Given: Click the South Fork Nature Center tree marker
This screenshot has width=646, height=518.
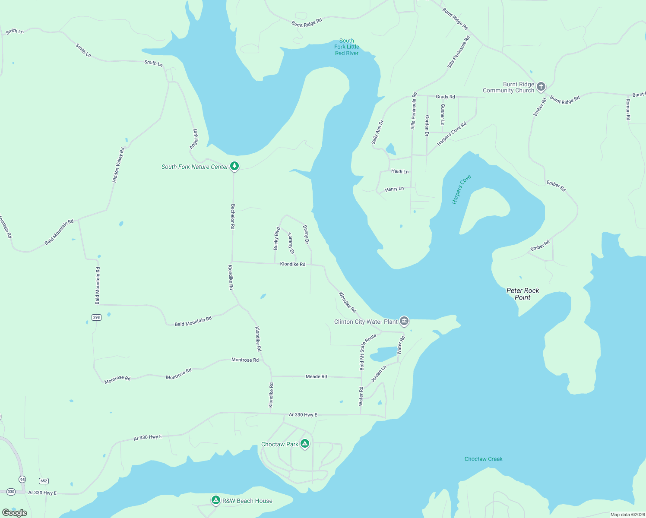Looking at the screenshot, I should tap(234, 166).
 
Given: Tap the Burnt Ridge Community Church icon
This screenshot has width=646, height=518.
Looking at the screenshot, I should tap(541, 87).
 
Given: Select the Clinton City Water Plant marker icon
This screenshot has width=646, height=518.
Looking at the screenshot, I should tap(404, 321).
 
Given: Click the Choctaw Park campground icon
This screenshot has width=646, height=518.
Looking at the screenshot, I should tap(305, 443).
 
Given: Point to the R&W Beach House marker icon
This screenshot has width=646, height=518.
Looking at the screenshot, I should tap(216, 500).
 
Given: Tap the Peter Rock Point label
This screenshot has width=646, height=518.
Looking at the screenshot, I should tap(522, 294).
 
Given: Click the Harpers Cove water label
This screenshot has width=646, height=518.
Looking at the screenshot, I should tap(461, 190).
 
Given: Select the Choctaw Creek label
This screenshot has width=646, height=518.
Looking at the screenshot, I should tap(483, 459).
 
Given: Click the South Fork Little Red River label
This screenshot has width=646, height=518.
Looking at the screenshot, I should tap(347, 47).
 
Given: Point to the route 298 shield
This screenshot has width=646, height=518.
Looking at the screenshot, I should tap(96, 317).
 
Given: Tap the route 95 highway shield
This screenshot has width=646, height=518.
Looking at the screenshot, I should tap(22, 479).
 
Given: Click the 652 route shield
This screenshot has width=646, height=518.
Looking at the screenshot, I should tap(44, 481).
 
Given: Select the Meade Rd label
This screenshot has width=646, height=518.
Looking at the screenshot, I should tap(316, 376).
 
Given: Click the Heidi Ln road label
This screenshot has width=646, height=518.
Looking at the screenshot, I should tap(399, 171).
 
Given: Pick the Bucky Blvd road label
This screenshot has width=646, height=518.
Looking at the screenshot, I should tap(276, 238).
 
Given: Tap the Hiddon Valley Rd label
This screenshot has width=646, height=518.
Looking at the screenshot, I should tap(118, 165).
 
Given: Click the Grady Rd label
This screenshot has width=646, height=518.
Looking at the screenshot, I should tap(445, 97).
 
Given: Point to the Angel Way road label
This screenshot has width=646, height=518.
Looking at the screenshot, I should tap(194, 139).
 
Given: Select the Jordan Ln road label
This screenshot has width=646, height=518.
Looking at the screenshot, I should tap(378, 374).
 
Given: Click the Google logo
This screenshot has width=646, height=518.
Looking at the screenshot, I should tap(15, 512).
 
